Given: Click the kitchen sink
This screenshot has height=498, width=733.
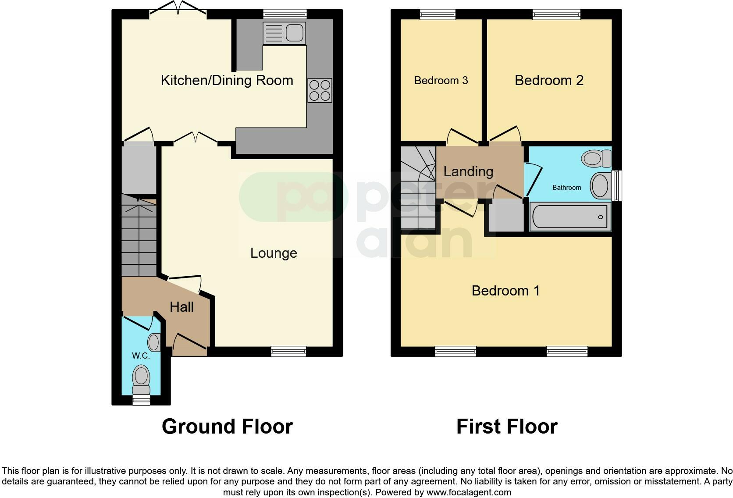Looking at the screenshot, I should tap(284, 33).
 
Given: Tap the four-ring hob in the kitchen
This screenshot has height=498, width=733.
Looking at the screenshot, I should tap(320, 90).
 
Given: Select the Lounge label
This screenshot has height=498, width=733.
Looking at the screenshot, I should tap(274, 253).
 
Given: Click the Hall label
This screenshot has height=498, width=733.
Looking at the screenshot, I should tap(181, 307).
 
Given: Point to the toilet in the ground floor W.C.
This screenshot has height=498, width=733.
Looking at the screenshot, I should tap(141, 379).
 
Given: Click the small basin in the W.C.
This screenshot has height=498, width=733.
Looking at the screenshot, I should tap(154, 342).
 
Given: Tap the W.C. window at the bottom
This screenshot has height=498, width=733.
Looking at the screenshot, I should tap(141, 399).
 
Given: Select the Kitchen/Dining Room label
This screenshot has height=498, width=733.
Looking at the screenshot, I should tap(227, 80).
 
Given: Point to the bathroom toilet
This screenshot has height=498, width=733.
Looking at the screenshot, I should tap(596, 158).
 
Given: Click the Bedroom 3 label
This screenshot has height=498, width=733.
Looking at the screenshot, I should tap(441, 81).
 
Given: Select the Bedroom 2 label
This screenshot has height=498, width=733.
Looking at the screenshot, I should tap(549, 80).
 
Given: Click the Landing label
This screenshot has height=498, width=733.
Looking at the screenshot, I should tap(468, 171).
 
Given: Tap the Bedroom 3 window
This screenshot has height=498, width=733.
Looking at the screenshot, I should tap(437, 14).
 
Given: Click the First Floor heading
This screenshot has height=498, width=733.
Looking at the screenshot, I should tap(507, 427).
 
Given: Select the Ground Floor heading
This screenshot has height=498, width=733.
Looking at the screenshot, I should tap(227, 427).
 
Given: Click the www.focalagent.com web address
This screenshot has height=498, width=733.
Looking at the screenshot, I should tap(468, 492).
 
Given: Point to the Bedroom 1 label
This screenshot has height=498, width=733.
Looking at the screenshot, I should tap(505, 291).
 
